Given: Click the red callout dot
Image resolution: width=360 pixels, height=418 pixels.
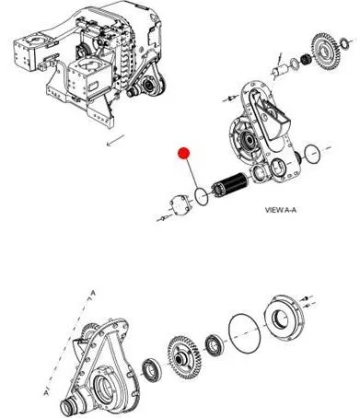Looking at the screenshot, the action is pos(184,153).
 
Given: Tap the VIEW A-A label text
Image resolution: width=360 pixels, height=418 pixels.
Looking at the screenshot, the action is pos(281,210).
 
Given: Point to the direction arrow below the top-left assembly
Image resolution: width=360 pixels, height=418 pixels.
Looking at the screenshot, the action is pos(115,141).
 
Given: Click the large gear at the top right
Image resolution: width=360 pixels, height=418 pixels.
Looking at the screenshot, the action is pos(326,52).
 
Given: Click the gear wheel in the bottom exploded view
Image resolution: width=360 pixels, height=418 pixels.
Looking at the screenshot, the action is pos(184,355).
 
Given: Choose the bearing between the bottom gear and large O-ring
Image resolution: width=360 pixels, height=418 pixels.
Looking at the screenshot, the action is pos(215,345).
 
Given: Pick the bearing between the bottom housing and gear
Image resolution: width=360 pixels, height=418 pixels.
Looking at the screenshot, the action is pos(152,370).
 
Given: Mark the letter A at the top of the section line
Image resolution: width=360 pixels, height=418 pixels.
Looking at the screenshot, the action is pos(94,294).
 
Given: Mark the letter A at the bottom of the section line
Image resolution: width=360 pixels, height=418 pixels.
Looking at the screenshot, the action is pos(46,392).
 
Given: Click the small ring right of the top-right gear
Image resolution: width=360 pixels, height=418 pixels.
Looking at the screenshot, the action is pos(344,43).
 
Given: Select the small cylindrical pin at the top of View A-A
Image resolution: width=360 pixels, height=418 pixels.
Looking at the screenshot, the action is pos(280,70).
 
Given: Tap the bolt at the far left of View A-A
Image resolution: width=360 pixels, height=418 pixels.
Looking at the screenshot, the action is pos(162,218).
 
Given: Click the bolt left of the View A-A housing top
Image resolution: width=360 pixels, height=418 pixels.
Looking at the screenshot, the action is pos(230,99).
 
